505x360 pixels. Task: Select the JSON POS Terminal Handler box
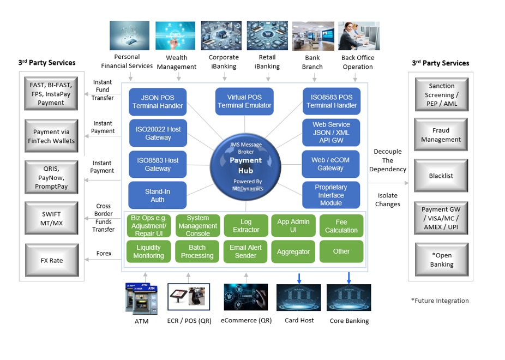[x=158, y=102]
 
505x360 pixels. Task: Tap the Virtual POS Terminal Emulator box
[x=244, y=101]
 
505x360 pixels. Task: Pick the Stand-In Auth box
[x=158, y=196]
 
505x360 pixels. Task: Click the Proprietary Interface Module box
[x=331, y=195]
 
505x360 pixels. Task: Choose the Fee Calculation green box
[x=341, y=226]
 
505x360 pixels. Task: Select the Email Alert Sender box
[x=245, y=251]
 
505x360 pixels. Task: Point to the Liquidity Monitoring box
[x=148, y=251]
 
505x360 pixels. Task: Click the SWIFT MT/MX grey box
[x=52, y=218]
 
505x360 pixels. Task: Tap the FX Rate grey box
[x=52, y=260]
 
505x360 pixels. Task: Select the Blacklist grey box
[x=441, y=176]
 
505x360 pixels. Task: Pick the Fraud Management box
[x=441, y=135]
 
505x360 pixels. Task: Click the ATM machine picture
[x=141, y=298]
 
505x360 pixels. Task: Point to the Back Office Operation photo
[x=358, y=36]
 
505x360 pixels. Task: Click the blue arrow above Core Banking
[x=348, y=278]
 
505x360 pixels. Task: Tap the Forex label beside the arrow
[x=104, y=254]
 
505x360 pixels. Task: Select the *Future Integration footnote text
[x=440, y=301]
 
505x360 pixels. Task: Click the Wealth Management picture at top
[x=175, y=36]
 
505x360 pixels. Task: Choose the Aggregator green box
[x=293, y=251]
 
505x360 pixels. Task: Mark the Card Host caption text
[x=299, y=320]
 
